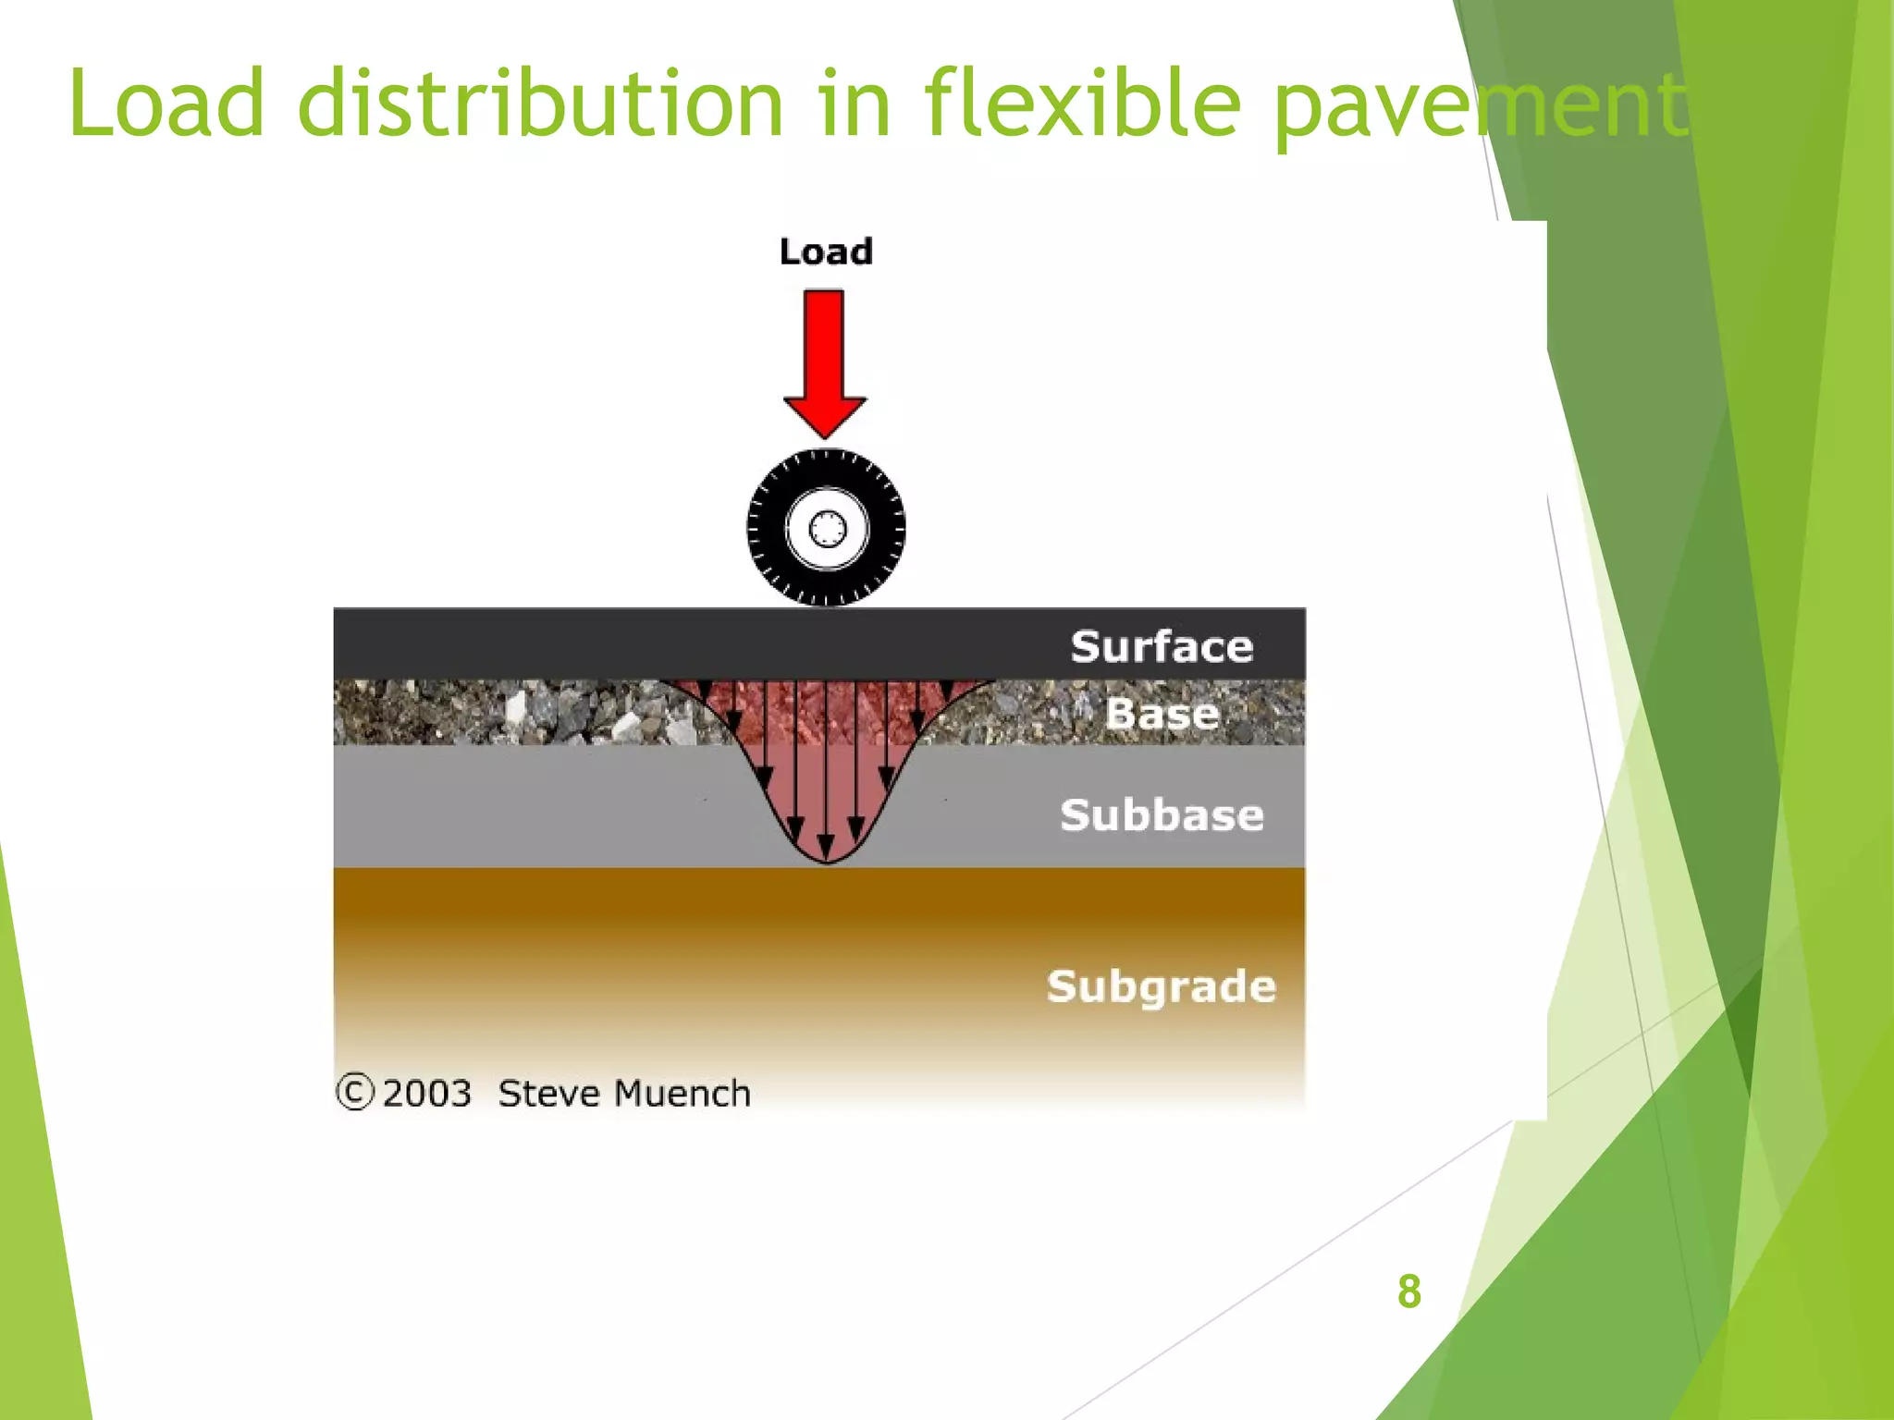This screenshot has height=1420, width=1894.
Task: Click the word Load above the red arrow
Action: pos(826,251)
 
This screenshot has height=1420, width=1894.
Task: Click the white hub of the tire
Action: pos(827,530)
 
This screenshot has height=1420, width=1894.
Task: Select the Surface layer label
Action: pos(1162,646)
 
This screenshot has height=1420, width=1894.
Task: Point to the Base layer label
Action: pos(1162,714)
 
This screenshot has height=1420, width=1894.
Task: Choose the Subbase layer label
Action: pos(1162,815)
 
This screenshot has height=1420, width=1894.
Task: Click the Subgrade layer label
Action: pos(1162,986)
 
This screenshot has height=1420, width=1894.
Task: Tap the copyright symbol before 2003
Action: pos(355,1092)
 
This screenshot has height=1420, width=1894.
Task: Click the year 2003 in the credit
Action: pos(427,1094)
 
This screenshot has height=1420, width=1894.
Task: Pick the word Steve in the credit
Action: pos(549,1094)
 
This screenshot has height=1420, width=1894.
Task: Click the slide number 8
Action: pos(1408,1291)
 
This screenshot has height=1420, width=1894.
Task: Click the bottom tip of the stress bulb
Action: pos(827,861)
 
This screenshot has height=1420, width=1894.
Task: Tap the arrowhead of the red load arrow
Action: pos(825,417)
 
